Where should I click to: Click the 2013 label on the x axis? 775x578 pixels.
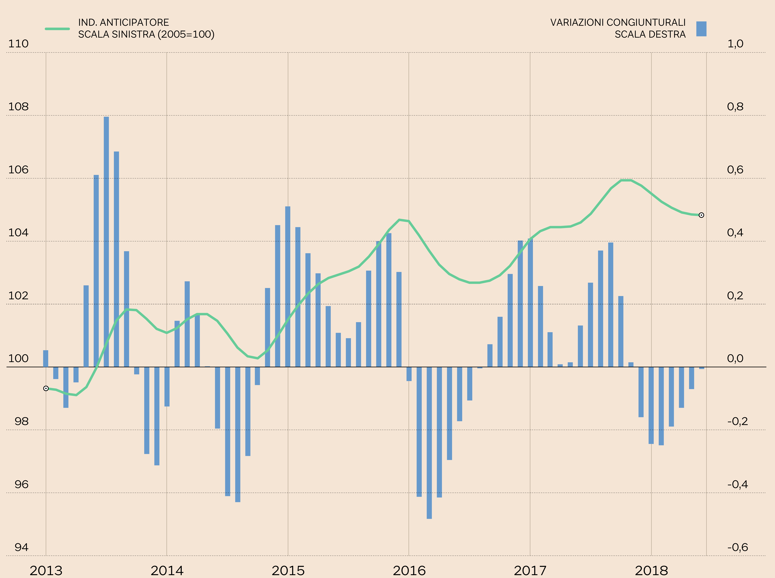(46, 570)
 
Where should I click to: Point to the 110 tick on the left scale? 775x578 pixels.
(18, 44)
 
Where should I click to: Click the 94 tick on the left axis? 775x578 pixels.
(21, 547)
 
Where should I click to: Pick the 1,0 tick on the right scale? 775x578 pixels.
(735, 44)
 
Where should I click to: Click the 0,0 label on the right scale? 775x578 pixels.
(735, 358)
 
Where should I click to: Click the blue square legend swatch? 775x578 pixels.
(701, 29)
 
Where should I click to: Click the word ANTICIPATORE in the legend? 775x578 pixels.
(134, 22)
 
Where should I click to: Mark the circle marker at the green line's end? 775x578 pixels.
(701, 215)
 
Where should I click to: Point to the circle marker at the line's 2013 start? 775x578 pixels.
(46, 388)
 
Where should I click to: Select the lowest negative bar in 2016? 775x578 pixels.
(429, 443)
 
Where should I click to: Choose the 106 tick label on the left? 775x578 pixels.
(18, 170)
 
